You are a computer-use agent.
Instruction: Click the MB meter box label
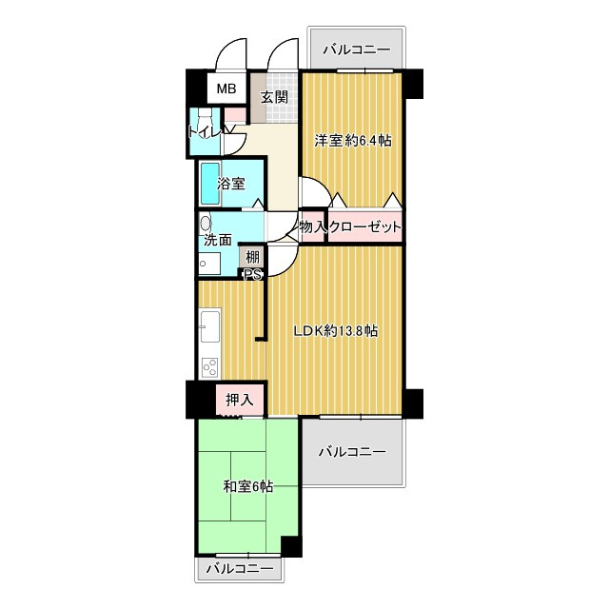tap(226, 88)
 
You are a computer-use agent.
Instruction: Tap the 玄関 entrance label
tap(274, 97)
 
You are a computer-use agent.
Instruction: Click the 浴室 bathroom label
tap(231, 184)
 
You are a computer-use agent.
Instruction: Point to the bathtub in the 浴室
tap(209, 184)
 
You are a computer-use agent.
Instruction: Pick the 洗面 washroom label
tap(218, 240)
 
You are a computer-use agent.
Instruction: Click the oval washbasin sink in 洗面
tap(206, 224)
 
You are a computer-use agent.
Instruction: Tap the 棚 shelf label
tap(252, 257)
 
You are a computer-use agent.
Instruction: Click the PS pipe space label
tap(252, 275)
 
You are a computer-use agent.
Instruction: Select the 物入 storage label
tap(313, 226)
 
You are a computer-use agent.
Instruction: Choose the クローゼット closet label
tap(364, 226)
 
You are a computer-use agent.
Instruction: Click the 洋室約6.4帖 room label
tap(353, 140)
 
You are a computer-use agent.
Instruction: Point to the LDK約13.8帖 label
tap(336, 331)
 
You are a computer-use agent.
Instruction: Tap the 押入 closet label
tap(240, 400)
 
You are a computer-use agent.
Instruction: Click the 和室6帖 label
tap(248, 486)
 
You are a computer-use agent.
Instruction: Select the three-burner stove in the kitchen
tap(209, 367)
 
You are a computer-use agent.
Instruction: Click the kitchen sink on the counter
tap(209, 327)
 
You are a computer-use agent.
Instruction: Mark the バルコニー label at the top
tap(357, 50)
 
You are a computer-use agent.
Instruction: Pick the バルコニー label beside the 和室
tap(353, 452)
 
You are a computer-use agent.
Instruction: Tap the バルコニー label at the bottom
tap(240, 569)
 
